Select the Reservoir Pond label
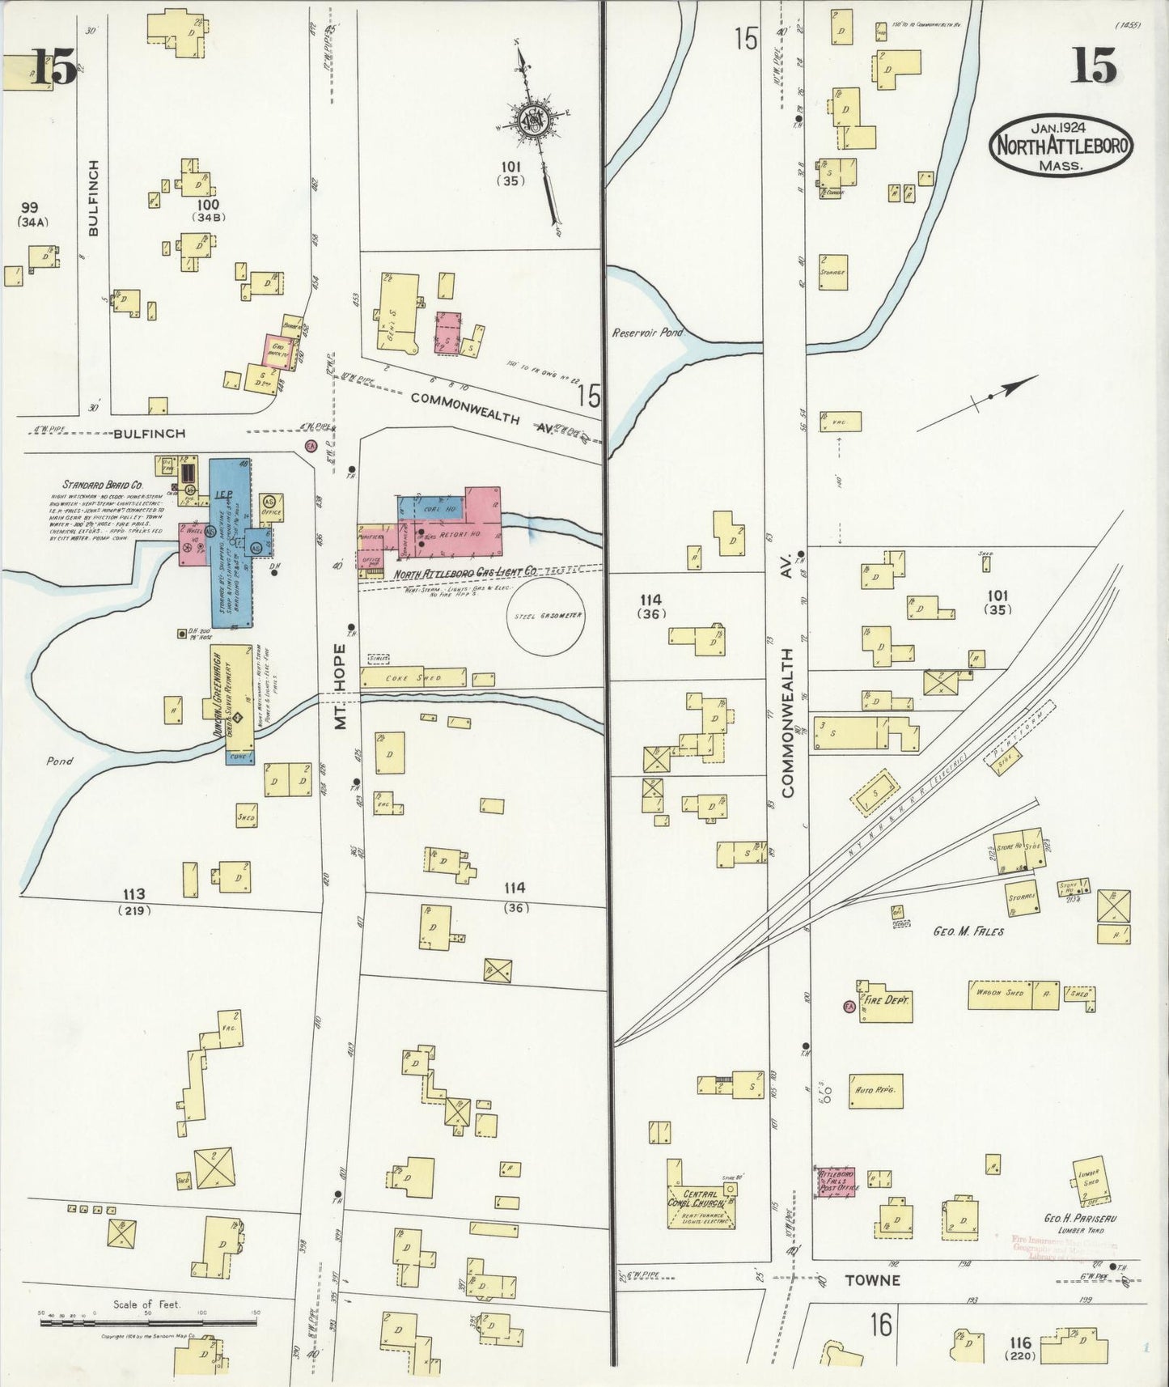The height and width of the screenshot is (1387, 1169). click(x=647, y=333)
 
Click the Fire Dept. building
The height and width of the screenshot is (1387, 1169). click(x=885, y=1001)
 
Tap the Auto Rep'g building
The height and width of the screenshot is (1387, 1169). click(x=875, y=1091)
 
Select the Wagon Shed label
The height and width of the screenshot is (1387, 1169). click(x=1000, y=994)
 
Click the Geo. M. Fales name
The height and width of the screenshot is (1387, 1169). click(x=968, y=931)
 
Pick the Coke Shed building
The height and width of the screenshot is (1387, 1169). click(x=415, y=678)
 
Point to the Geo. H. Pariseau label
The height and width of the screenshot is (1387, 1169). click(x=1075, y=1218)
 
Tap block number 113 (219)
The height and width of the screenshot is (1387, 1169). click(x=134, y=901)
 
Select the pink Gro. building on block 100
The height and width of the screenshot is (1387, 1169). click(x=278, y=350)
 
